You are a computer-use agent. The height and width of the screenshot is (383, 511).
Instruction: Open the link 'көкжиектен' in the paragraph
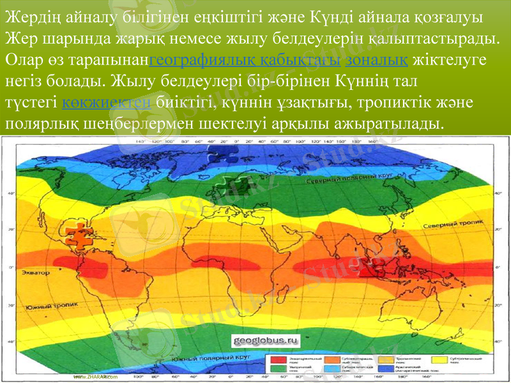click(x=106, y=102)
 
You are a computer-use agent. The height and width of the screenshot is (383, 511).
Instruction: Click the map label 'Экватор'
click(x=36, y=273)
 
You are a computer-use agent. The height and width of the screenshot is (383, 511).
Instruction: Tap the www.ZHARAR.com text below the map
click(x=96, y=377)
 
